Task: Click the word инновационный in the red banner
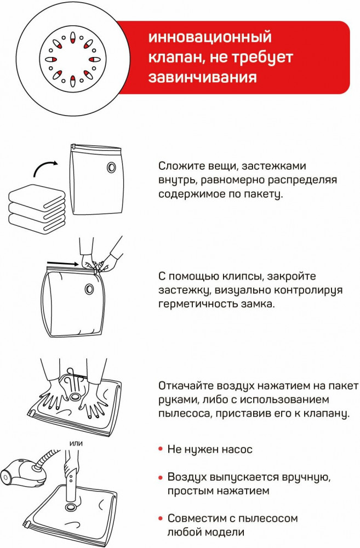[210, 38]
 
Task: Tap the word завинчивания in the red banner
[202, 77]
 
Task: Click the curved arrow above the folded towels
[45, 167]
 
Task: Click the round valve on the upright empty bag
[111, 167]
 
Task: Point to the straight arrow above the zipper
[62, 263]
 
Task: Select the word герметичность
[198, 304]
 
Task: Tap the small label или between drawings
[76, 443]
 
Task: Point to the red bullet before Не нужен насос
[161, 449]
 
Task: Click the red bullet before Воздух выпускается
[161, 477]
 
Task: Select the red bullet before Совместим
[161, 518]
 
